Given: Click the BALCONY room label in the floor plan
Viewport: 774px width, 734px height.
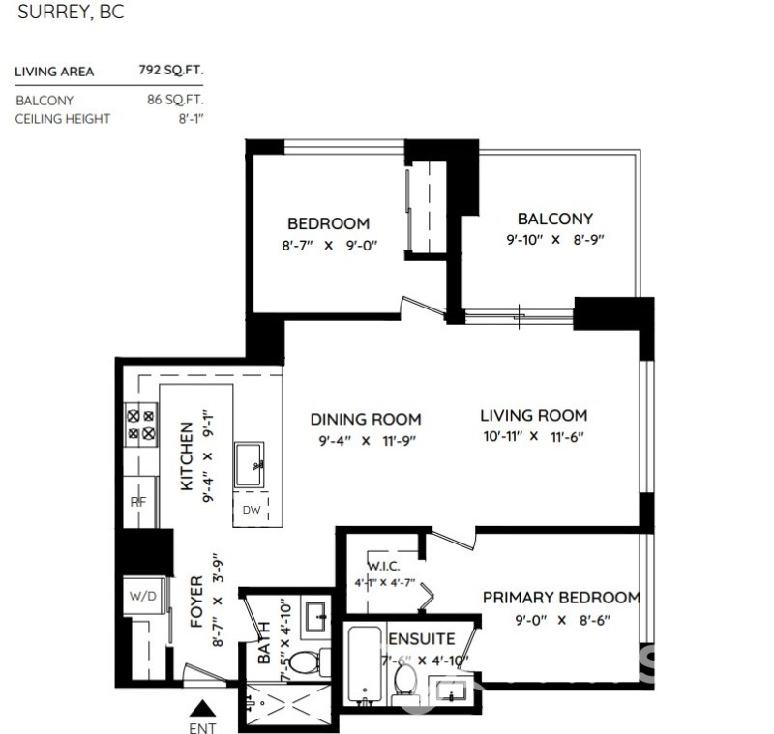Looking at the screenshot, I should [x=554, y=219].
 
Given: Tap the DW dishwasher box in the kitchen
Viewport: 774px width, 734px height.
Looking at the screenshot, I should [x=251, y=509].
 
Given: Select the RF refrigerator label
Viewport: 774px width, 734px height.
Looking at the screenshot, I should [x=137, y=502].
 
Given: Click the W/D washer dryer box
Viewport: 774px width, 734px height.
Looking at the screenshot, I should [x=140, y=596].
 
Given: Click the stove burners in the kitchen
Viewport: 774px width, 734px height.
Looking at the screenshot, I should [x=141, y=425].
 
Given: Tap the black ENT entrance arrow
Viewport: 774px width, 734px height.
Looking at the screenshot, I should [x=202, y=708].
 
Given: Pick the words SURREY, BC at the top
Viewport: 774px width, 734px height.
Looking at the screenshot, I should [x=71, y=14].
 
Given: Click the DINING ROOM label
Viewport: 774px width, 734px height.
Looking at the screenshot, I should [x=365, y=419].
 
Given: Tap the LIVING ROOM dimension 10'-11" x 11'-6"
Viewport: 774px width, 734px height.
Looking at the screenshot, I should [x=533, y=437].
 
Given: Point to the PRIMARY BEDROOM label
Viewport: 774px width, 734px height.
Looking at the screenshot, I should [x=561, y=598].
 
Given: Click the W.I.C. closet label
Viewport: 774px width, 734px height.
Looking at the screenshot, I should [x=383, y=566].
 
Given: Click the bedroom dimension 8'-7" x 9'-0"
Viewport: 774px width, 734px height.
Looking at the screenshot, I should [x=328, y=246].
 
